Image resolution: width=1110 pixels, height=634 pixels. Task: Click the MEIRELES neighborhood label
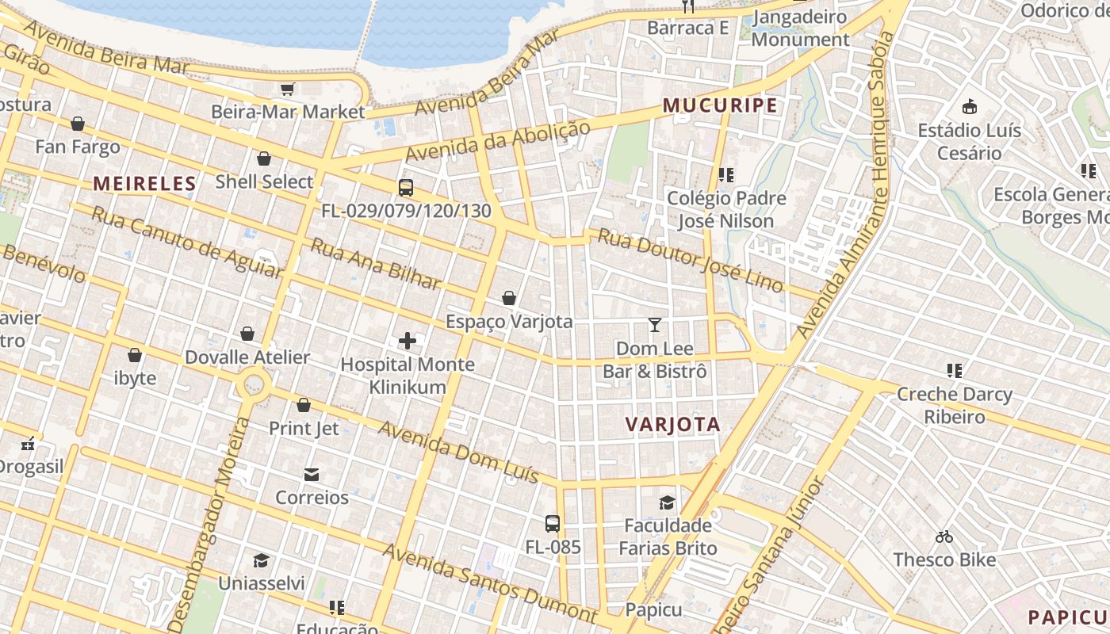(144, 184)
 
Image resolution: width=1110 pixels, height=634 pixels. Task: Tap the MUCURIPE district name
(720, 105)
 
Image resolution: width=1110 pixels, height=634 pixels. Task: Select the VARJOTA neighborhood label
(673, 424)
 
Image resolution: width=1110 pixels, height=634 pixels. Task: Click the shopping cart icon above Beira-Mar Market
(288, 89)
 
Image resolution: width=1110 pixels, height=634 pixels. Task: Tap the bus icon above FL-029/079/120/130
(406, 188)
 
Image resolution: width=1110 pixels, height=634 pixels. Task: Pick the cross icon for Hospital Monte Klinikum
(408, 341)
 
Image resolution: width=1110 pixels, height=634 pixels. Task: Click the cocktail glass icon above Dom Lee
(655, 325)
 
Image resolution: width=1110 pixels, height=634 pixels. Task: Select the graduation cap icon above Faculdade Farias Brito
(667, 502)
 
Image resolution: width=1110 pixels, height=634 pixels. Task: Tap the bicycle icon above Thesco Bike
(943, 537)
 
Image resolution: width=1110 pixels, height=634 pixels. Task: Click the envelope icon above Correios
(312, 475)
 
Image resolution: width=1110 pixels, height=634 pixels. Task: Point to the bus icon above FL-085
(553, 524)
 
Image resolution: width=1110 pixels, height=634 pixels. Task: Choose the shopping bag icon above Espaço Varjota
(509, 298)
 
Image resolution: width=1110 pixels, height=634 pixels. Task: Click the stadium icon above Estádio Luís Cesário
(969, 106)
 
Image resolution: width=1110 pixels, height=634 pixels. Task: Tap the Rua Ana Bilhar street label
(375, 264)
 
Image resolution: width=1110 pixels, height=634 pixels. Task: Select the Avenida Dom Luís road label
(458, 453)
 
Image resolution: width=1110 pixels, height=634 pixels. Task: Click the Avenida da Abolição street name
(498, 142)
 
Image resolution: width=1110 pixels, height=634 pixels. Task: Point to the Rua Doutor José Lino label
(691, 260)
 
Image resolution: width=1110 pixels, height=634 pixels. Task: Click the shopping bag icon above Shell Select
(264, 158)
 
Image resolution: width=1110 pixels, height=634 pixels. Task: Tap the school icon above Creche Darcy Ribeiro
(954, 370)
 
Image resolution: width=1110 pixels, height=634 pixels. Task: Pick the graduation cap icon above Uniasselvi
(261, 561)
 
